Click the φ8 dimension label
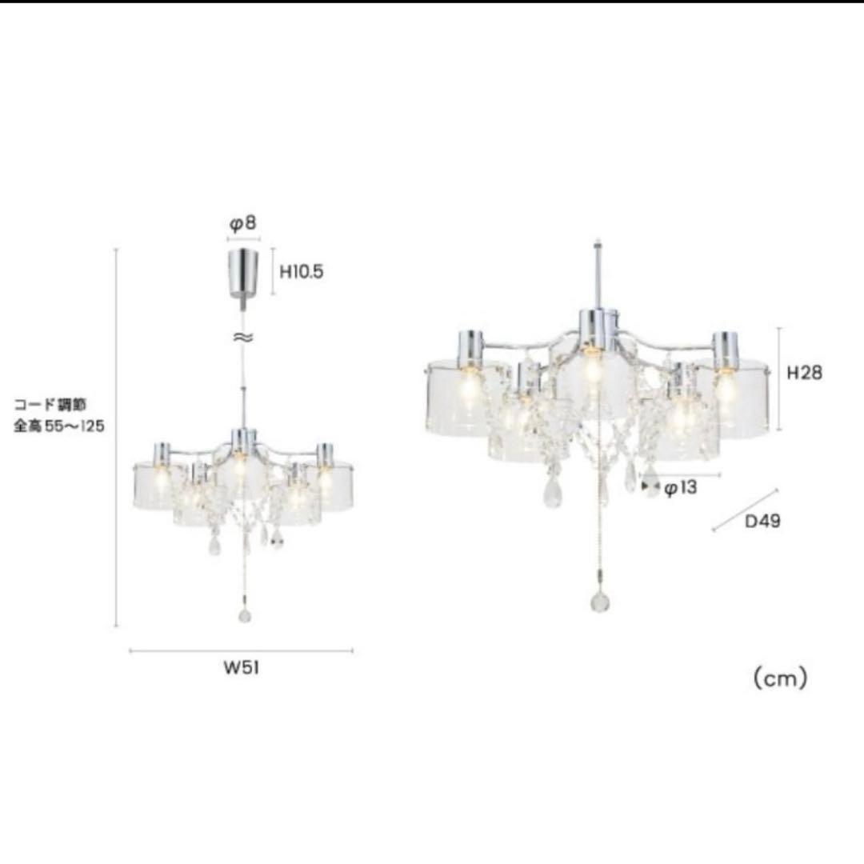243,223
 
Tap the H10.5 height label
302,272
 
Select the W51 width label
242,668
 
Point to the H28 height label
804,373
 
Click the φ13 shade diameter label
680,488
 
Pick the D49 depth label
762,522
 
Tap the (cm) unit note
780,678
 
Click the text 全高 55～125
59,426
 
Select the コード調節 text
50,405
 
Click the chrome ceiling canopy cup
243,274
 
